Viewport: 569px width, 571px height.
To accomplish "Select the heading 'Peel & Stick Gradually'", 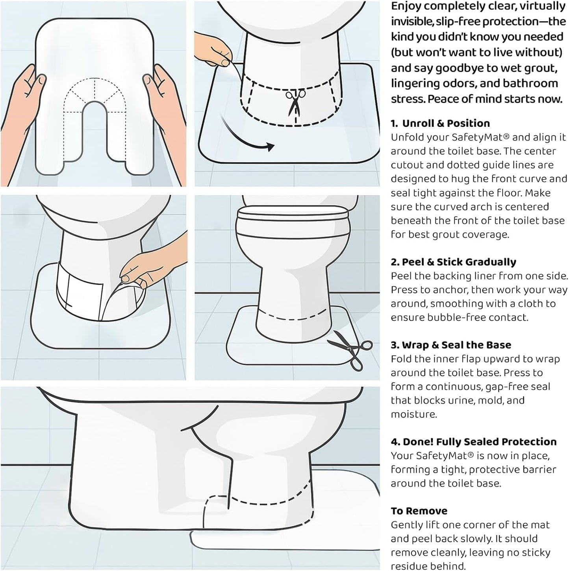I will click(x=459, y=262).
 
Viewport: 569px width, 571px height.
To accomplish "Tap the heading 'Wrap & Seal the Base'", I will click(x=456, y=345).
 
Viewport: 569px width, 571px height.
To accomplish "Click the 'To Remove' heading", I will click(x=419, y=511).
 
